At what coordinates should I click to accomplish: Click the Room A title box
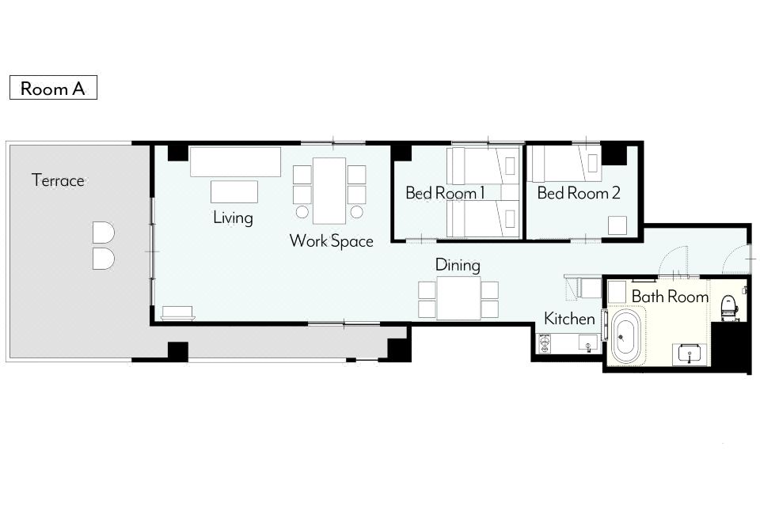point(53,88)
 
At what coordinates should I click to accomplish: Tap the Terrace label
point(58,180)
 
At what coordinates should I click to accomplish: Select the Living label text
point(233,217)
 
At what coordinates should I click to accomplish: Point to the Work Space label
point(332,240)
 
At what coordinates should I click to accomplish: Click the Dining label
point(458,265)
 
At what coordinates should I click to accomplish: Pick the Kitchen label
point(569,319)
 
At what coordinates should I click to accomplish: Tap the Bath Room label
point(670,297)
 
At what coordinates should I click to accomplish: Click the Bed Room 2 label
point(579,193)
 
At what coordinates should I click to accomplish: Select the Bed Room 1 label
point(446,193)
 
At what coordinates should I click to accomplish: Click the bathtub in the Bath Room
point(625,338)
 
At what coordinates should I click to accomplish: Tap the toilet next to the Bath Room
point(728,308)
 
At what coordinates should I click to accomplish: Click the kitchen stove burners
point(545,343)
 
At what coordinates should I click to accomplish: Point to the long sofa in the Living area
point(235,161)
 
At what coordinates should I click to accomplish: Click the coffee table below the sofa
point(234,191)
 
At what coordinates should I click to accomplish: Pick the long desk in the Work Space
point(329,191)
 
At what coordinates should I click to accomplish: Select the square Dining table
point(458,298)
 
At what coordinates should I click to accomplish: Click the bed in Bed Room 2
point(564,163)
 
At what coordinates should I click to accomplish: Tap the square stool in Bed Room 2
point(617,225)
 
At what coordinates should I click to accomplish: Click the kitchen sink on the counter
point(588,342)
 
